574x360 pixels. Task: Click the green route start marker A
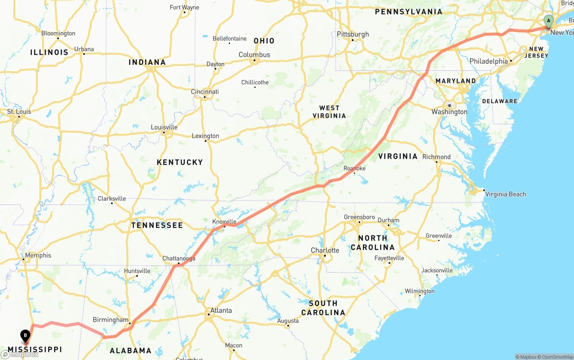coord(548,21)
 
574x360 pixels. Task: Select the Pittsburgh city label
coord(353,35)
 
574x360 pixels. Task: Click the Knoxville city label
coord(224,221)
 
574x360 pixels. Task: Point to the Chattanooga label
coord(178,258)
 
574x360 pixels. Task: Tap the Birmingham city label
coord(110,320)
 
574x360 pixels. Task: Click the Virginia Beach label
coord(505,194)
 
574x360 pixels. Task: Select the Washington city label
coord(449,112)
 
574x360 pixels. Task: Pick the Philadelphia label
coord(488,61)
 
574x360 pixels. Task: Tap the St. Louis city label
coord(19,111)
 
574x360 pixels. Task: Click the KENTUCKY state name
coord(180,162)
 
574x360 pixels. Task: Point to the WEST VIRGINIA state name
coord(332,112)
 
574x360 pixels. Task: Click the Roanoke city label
coord(354,168)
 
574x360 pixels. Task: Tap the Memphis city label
coord(38,256)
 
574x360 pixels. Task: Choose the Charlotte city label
coord(325,250)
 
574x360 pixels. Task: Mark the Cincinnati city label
coord(205,92)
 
